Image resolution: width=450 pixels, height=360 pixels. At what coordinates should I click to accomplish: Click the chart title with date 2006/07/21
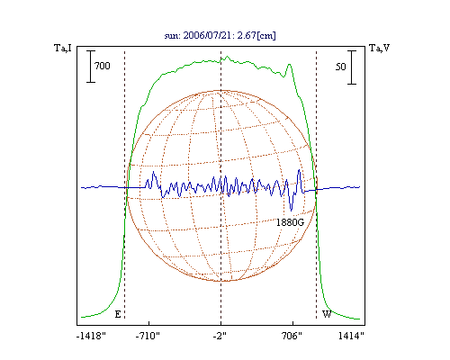click(220, 35)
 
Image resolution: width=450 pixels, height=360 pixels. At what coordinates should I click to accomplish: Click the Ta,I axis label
click(63, 48)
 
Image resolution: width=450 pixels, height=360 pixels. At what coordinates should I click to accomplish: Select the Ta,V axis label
click(379, 48)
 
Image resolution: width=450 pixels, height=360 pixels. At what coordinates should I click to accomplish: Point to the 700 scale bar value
click(103, 66)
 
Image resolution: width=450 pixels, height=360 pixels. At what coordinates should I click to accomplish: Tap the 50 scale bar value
click(340, 67)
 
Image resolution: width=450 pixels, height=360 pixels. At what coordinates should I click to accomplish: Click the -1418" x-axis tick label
click(91, 336)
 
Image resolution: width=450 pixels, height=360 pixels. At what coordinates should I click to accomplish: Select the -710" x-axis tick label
click(148, 336)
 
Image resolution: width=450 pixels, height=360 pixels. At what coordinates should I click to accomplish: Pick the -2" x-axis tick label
click(220, 336)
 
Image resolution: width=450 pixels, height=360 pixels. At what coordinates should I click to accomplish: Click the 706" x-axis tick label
click(292, 336)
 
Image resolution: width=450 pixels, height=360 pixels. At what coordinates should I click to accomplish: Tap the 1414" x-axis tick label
click(351, 336)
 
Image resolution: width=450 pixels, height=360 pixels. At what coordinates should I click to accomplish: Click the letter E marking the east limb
click(118, 314)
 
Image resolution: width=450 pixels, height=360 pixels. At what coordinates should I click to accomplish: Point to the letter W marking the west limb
click(327, 314)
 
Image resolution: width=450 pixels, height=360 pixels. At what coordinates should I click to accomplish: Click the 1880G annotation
click(290, 222)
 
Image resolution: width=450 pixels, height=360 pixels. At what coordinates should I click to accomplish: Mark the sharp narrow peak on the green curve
click(289, 65)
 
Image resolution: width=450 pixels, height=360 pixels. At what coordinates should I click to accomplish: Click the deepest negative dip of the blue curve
click(291, 210)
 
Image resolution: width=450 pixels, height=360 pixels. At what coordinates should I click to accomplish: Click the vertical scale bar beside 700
click(91, 67)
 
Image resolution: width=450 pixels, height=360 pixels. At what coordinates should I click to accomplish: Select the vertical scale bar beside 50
click(352, 67)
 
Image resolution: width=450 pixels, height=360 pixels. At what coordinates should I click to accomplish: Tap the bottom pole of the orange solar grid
click(221, 281)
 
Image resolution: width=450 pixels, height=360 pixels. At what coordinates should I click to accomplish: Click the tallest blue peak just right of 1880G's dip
click(299, 170)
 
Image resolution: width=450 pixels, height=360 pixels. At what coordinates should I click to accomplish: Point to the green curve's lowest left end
click(82, 317)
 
